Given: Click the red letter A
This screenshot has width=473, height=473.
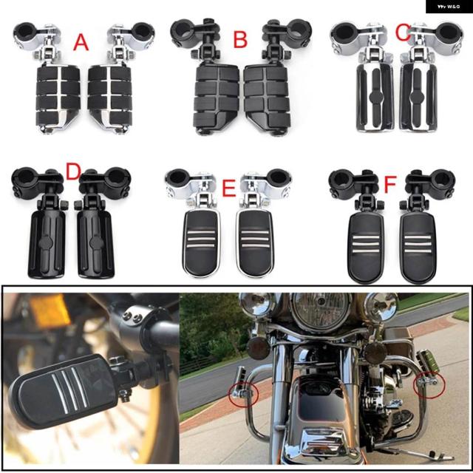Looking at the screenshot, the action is (81, 42).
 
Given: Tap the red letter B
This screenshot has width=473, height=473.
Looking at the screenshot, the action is (240, 39).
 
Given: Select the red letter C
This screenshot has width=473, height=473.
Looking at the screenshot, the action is (403, 33).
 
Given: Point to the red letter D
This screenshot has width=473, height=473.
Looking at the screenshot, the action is (74, 171).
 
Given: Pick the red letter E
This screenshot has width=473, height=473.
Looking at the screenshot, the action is (228, 188).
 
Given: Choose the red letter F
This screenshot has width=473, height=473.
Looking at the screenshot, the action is (389, 184).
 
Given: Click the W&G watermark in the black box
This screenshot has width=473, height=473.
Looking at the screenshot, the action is (449, 7).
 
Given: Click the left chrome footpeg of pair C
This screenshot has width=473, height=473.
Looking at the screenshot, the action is (375, 97).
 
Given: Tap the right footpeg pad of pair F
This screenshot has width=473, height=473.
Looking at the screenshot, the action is (418, 248).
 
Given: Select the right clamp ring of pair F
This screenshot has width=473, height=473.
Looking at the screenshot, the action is (441, 181).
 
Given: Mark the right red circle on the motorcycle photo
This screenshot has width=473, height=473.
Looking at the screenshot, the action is (429, 383).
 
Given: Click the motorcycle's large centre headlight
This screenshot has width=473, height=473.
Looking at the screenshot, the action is (321, 310).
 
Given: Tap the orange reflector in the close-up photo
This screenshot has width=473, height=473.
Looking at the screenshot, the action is (50, 310).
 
